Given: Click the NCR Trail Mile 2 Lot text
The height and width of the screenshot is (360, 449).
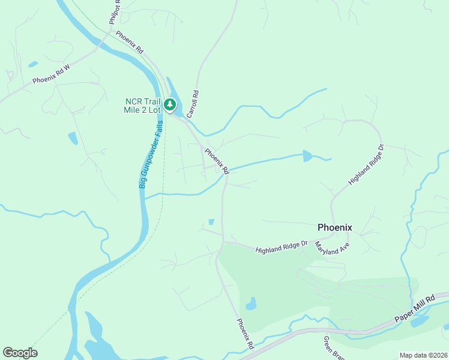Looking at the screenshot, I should (x=143, y=106).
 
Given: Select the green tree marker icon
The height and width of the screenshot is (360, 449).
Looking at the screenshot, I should (x=170, y=106).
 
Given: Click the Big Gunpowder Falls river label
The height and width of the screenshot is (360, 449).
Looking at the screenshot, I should (x=151, y=155).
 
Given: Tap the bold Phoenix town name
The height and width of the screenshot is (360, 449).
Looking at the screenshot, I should (x=334, y=227).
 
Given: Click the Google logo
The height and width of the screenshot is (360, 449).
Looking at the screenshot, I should (x=20, y=353).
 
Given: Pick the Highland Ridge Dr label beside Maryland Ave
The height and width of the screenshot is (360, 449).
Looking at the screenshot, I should (x=282, y=247).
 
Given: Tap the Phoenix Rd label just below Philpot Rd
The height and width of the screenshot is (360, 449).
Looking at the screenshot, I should (x=130, y=41).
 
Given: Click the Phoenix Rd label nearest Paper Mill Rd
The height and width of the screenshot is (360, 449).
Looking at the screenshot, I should (x=245, y=334).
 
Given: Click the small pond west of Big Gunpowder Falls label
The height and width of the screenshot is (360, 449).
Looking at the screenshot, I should (x=73, y=139).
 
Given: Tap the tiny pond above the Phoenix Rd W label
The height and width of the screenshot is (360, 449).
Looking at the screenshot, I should (x=32, y=64).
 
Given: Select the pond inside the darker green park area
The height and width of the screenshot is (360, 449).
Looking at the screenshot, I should (x=251, y=304).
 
